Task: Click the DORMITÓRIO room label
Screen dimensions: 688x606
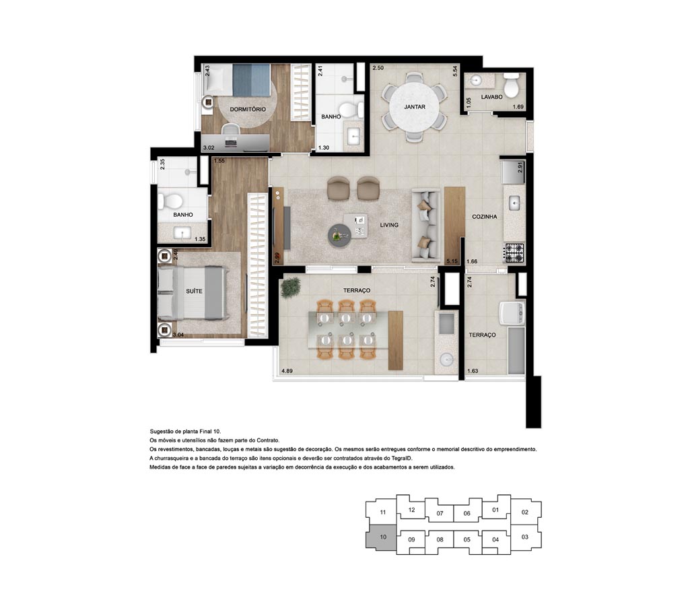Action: [248, 109]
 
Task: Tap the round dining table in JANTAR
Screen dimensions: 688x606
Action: [414, 106]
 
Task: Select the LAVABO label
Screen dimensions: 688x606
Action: [491, 97]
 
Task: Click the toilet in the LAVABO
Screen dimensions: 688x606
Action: [512, 85]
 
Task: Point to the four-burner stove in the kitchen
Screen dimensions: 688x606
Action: [514, 252]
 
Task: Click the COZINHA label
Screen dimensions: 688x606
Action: [485, 217]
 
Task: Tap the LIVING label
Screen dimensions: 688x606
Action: [389, 225]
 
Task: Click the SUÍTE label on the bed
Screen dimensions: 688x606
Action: [194, 291]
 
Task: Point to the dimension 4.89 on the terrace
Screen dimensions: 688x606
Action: [287, 371]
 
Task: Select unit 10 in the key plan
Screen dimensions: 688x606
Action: [382, 536]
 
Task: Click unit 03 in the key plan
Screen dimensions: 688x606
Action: [525, 537]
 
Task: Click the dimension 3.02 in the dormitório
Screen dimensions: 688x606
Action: [209, 148]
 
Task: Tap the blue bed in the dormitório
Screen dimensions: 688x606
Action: [251, 80]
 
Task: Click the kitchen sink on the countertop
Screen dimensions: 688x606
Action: [515, 203]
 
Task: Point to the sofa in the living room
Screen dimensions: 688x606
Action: [425, 226]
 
